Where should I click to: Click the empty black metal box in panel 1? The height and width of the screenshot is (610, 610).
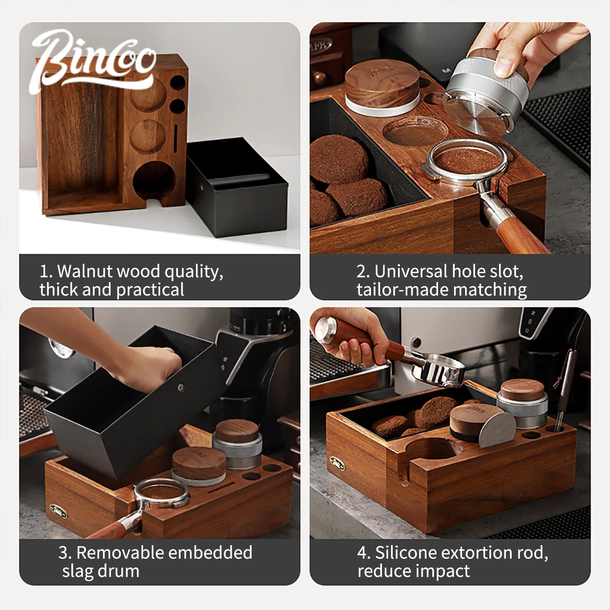click(236, 187)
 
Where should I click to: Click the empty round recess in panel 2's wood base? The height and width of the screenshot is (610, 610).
click(416, 132)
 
